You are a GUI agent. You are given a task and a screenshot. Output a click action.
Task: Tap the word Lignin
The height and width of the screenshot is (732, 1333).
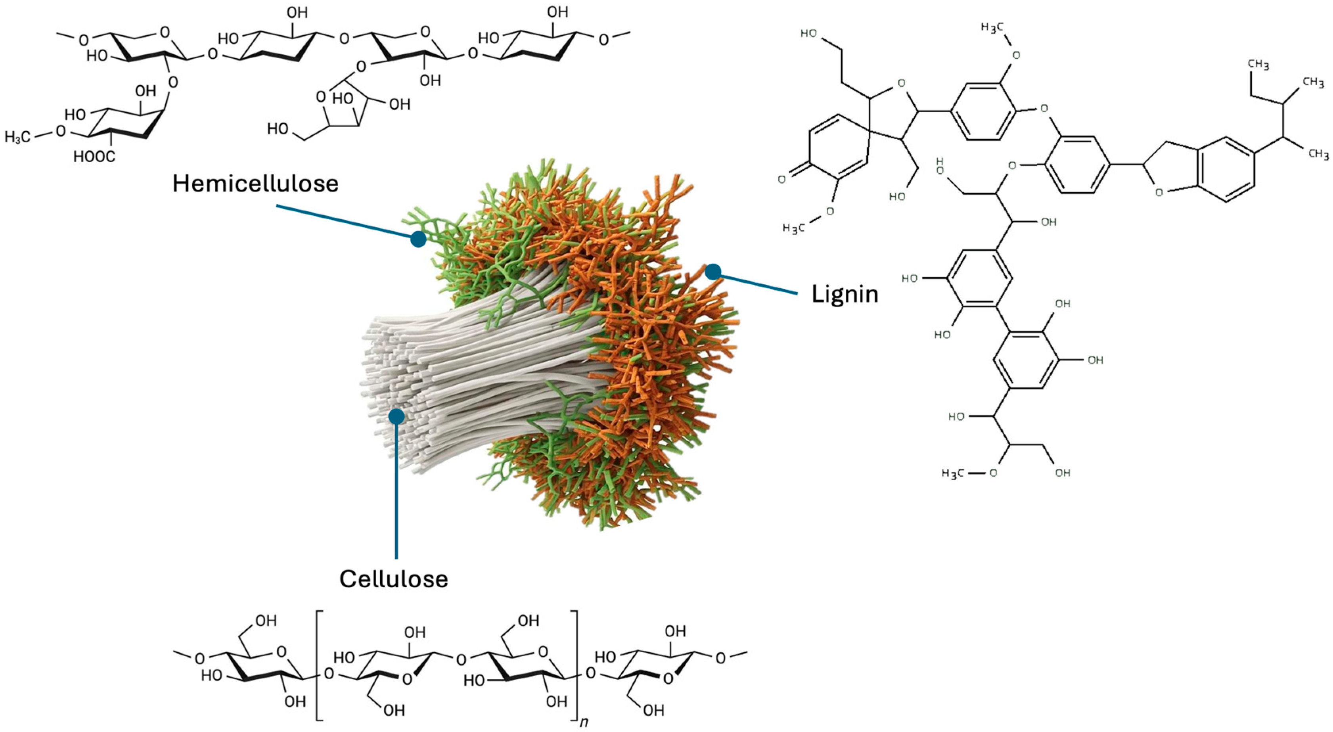click(x=845, y=294)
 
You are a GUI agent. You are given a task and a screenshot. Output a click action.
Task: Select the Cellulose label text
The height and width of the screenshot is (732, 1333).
click(x=393, y=579)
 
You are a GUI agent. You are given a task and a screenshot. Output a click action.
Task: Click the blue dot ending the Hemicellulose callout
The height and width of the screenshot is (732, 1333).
click(x=418, y=239)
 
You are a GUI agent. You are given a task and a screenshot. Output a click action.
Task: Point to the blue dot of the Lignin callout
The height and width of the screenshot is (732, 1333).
click(x=713, y=271)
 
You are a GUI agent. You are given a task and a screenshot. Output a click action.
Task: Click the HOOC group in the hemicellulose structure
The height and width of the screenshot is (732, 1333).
click(x=94, y=156)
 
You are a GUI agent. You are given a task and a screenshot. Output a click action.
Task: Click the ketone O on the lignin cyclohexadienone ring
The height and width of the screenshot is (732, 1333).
click(x=781, y=179)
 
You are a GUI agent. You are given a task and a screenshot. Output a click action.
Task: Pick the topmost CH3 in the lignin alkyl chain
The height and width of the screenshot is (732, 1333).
click(x=1258, y=65)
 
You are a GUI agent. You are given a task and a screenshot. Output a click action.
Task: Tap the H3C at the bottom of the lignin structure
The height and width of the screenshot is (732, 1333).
click(x=954, y=473)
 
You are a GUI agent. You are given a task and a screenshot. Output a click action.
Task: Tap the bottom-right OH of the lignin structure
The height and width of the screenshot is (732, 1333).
click(x=1062, y=473)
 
